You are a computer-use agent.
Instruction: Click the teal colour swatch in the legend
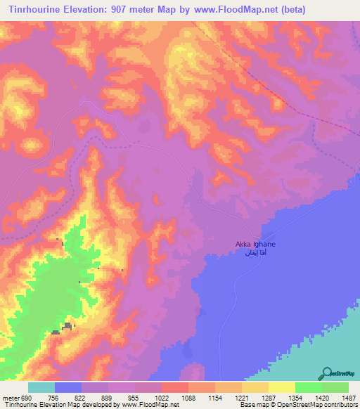pos(41,387)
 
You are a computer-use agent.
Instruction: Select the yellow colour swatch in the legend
pos(281,387)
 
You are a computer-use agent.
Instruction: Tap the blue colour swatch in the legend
pos(68,387)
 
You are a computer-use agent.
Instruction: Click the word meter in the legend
pos(8,398)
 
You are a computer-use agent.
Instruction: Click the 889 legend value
pos(108,398)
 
